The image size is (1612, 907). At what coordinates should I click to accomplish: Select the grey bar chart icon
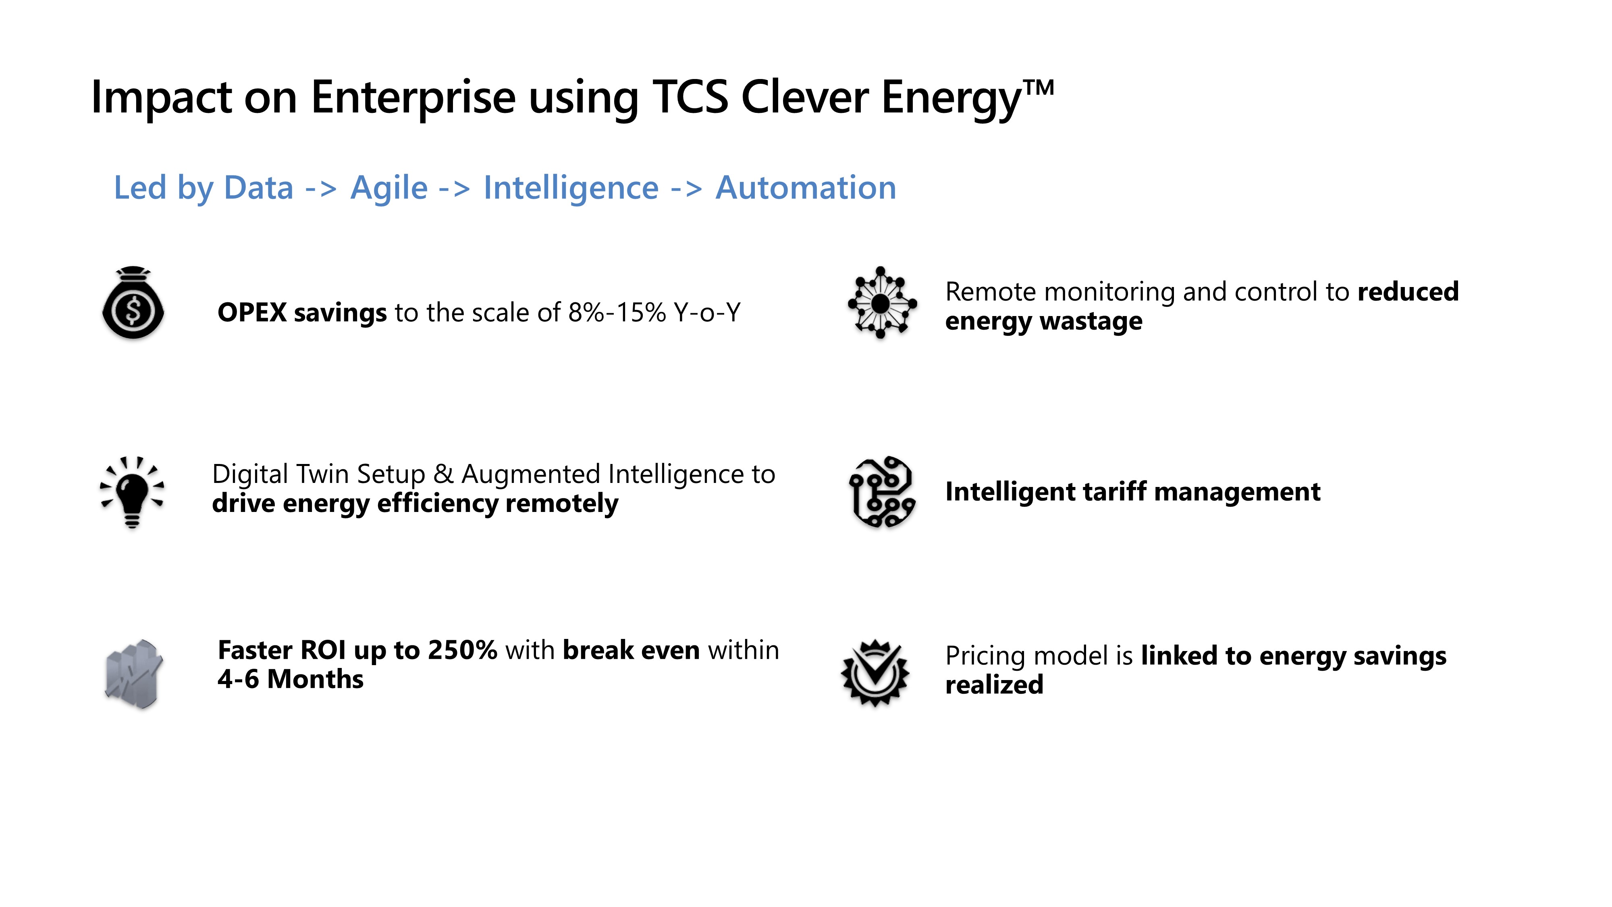coord(133,674)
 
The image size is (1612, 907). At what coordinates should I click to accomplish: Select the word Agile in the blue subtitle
coord(388,188)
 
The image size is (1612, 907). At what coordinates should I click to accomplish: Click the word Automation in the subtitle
coord(806,188)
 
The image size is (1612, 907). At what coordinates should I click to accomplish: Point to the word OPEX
coord(252,312)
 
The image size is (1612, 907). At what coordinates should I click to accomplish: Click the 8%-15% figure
coord(617,312)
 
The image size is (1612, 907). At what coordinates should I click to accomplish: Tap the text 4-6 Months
coord(290,679)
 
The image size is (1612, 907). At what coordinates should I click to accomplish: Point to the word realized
coord(994,685)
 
